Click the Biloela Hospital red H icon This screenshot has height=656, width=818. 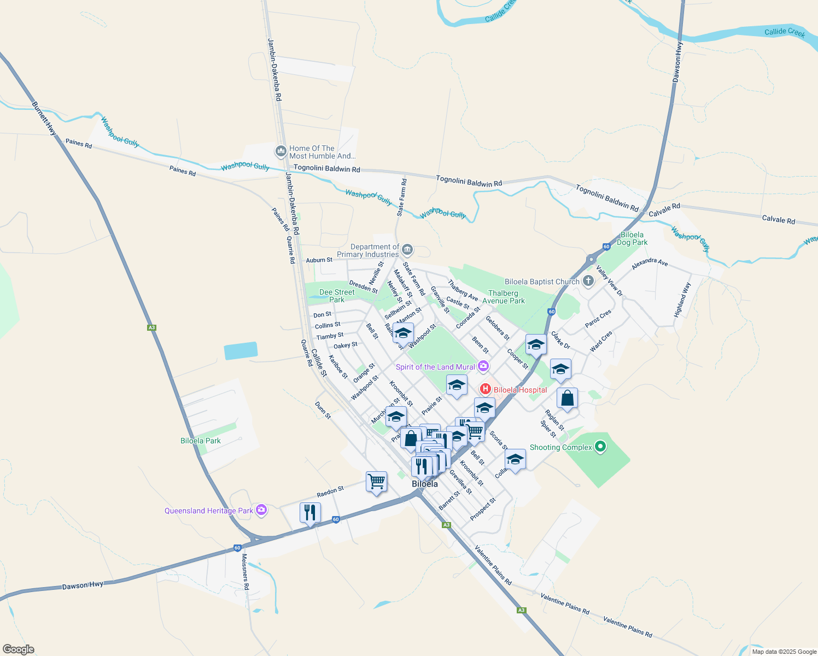point(485,389)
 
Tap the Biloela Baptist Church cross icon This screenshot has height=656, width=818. point(588,282)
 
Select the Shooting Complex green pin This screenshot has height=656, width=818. point(600,447)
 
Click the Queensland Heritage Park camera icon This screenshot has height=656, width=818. point(261,511)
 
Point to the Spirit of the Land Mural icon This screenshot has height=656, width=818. point(483,366)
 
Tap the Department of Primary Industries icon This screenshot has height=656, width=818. point(407,250)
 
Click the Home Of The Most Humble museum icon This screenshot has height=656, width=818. point(281,151)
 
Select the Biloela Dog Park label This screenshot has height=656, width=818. point(632,238)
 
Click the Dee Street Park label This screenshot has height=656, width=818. point(337,296)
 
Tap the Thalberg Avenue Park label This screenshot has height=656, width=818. point(503,297)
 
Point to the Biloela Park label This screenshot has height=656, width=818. point(201,441)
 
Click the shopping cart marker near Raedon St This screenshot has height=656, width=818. point(376,482)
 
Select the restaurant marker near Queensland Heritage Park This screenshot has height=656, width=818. point(310,513)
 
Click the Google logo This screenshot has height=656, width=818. point(18,649)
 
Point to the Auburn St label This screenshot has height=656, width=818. point(319,260)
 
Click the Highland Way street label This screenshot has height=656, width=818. point(682,300)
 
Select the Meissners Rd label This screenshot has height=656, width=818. point(245,571)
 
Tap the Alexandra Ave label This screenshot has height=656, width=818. point(650,263)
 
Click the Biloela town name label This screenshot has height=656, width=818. point(425,484)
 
